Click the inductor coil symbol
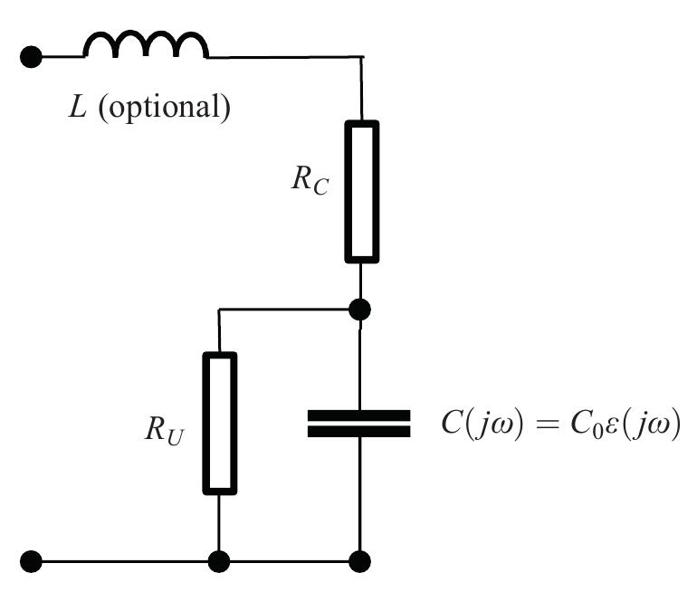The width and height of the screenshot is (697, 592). click(x=146, y=45)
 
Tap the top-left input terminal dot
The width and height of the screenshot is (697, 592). click(x=31, y=57)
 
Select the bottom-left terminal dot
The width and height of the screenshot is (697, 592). click(x=31, y=561)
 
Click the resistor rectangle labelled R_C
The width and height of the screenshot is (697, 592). click(x=360, y=191)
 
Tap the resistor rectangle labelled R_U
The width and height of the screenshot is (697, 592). click(x=219, y=423)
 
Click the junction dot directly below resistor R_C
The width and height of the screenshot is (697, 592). click(x=360, y=310)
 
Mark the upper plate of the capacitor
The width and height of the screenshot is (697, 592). click(x=359, y=415)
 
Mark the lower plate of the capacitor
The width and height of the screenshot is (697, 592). click(x=359, y=432)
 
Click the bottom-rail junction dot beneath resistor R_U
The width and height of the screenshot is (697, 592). click(x=219, y=561)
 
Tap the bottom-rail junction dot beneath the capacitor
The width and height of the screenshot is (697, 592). click(x=360, y=561)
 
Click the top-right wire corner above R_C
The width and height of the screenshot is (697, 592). click(x=361, y=58)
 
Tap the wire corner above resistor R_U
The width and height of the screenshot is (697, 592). click(x=219, y=310)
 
